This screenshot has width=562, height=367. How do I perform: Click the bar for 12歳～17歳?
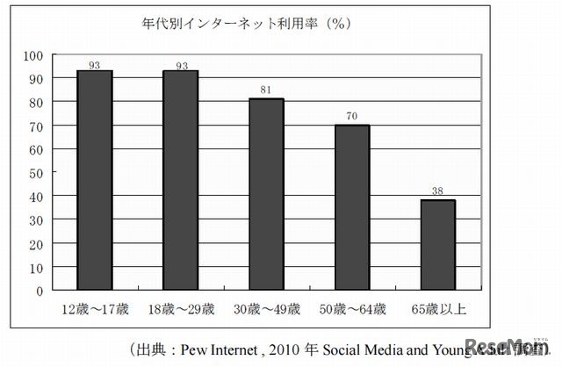click(95, 180)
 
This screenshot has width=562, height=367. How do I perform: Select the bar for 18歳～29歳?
click(180, 180)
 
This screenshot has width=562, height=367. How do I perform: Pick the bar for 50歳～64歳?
click(351, 207)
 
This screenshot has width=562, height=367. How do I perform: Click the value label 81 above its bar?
click(266, 90)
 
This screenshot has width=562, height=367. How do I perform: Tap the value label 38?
click(437, 191)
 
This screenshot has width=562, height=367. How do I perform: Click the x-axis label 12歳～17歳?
click(95, 308)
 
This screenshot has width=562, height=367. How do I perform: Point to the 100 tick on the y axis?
click(33, 54)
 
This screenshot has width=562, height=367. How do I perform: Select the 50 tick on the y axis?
click(36, 172)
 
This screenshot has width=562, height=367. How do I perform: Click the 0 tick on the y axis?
click(40, 290)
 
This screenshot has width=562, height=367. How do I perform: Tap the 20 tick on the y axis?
click(36, 242)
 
